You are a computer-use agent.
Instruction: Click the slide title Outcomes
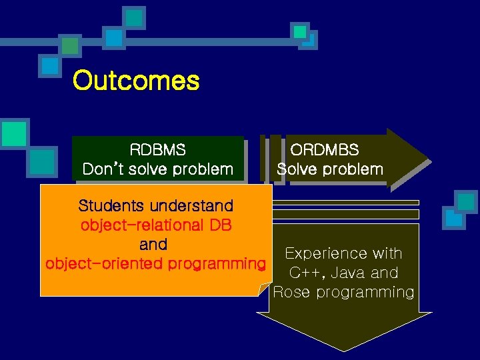pos(136,81)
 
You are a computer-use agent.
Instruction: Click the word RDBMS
pos(158,149)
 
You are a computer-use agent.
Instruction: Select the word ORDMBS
pos(329,150)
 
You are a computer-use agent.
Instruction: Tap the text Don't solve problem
pos(158,169)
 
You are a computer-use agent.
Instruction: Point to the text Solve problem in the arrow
pos(330,169)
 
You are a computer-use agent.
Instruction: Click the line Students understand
pos(155,205)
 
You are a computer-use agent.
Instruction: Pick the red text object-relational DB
pos(155,225)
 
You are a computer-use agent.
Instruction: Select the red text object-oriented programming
pos(155,263)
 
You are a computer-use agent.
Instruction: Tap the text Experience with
pos(343,253)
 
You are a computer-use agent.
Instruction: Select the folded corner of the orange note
pos(263,289)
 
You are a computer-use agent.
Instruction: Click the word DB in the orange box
pos(219,225)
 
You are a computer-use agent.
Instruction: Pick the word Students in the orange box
pos(109,205)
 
